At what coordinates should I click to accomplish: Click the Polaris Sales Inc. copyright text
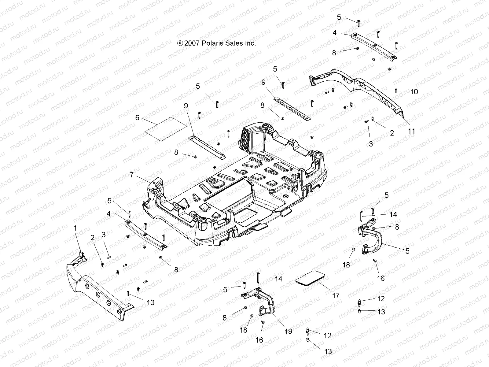coord(216,43)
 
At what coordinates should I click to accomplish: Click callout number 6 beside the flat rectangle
coord(137,117)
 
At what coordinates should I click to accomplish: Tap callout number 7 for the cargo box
coord(132,175)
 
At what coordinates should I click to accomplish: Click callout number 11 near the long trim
coord(412,131)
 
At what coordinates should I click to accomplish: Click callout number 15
coord(406,251)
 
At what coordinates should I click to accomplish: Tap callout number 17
coord(336,295)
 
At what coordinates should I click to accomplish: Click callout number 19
coord(288,331)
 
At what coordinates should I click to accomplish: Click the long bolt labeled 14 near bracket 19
coord(258,278)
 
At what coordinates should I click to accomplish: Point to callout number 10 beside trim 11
coord(414,92)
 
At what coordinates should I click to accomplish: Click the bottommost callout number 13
coord(328,352)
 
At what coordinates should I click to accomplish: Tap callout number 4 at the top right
coord(335,33)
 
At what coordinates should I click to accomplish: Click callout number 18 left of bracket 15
coord(346,265)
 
